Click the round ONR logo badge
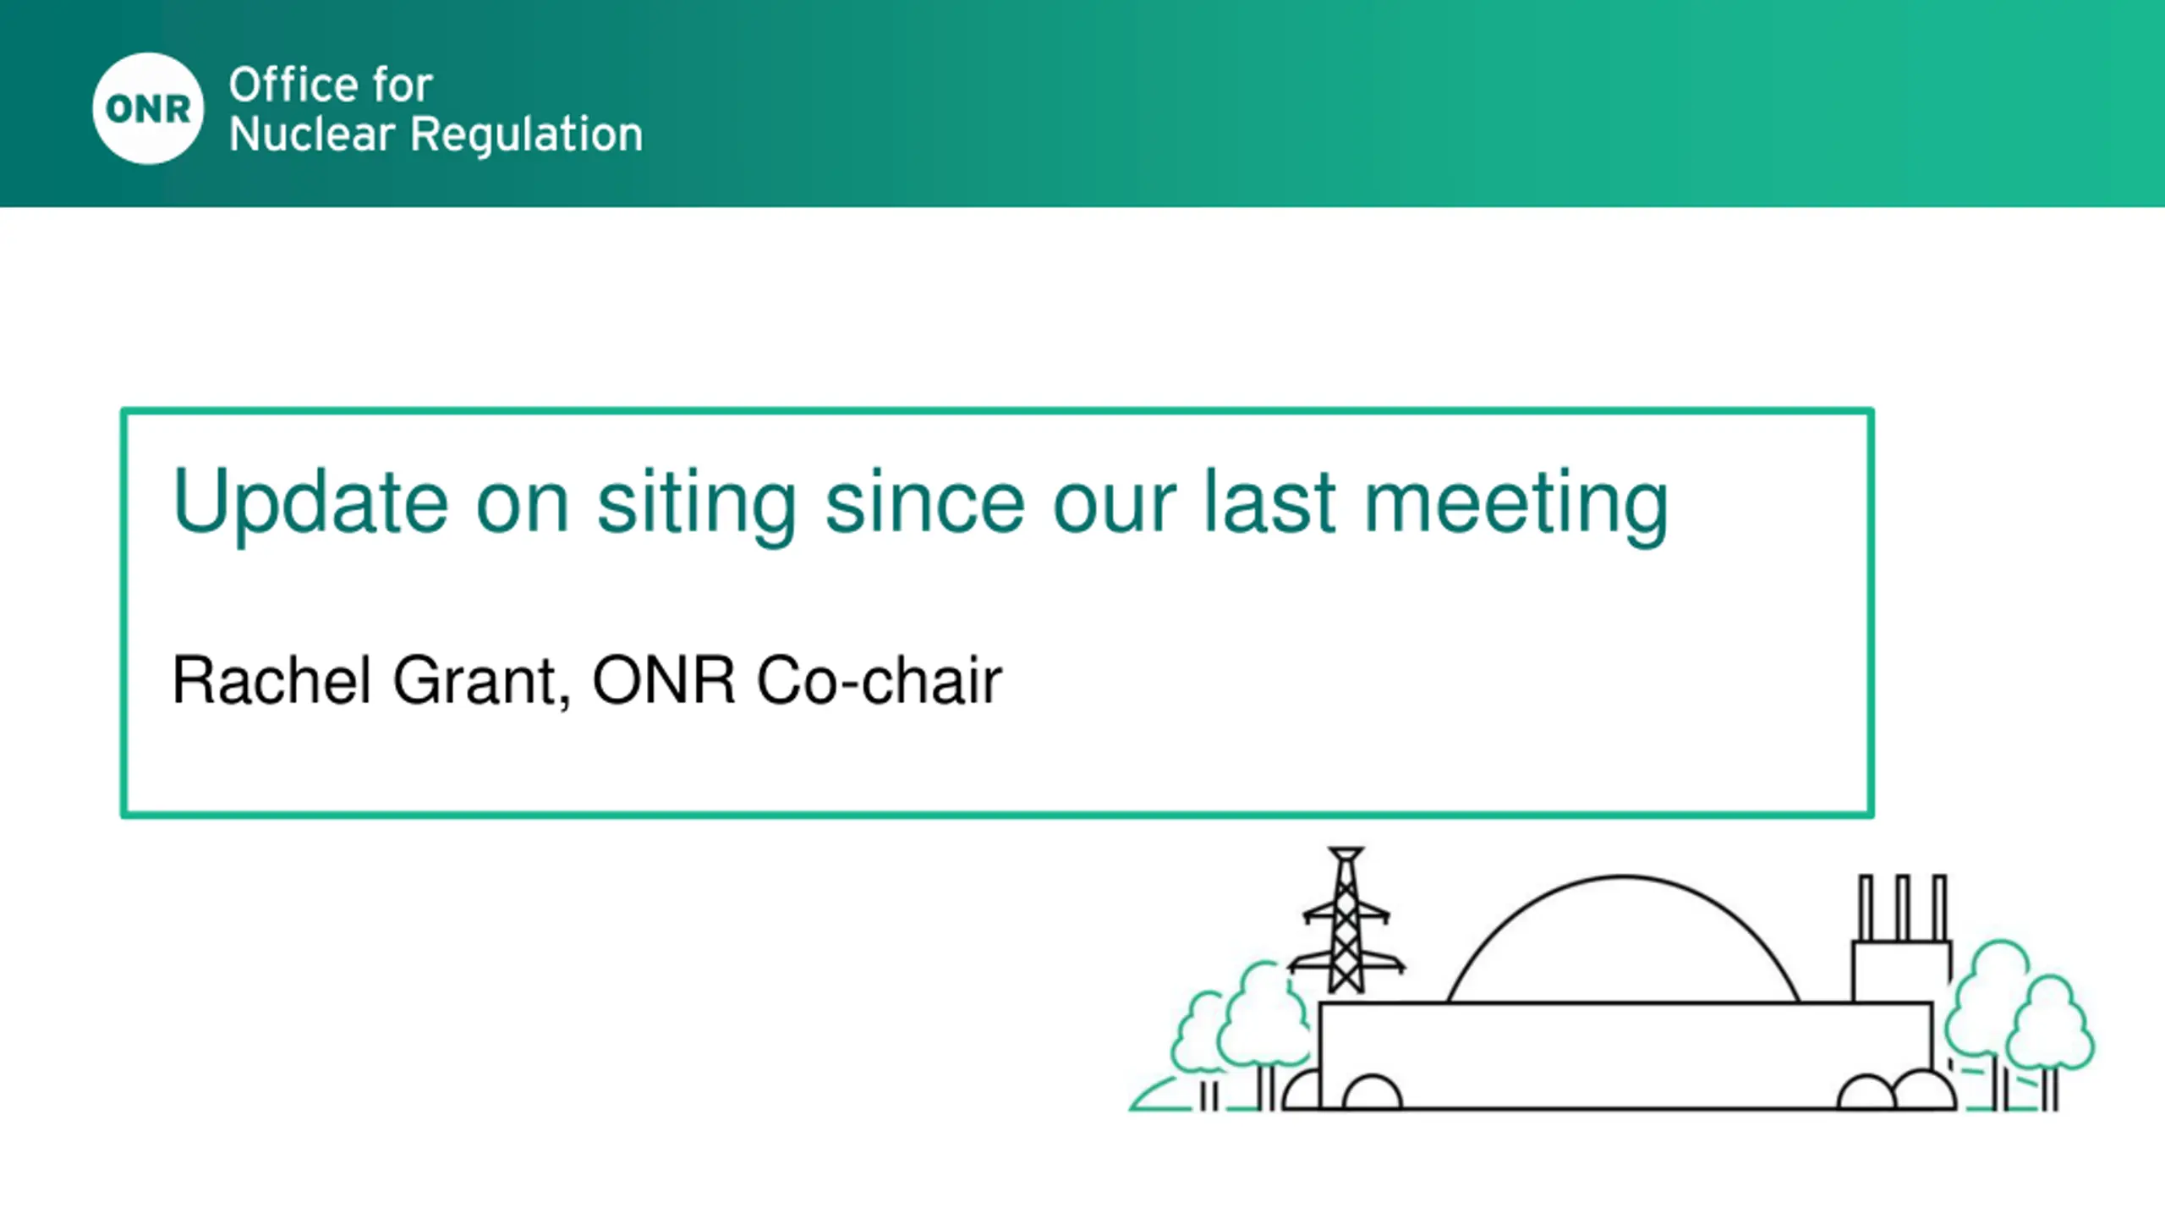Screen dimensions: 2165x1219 (148, 108)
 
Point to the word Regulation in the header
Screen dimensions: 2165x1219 (526, 135)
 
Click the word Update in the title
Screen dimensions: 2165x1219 (310, 502)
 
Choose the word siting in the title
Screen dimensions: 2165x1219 (697, 504)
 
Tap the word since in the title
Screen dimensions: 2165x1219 (925, 502)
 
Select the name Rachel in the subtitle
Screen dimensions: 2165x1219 (271, 679)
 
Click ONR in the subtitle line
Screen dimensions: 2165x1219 (663, 680)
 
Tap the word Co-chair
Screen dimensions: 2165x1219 (880, 679)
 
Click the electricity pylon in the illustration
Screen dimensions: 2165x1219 (1346, 921)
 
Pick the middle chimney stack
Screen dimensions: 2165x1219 (1903, 908)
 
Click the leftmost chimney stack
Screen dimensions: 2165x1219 (1866, 908)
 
